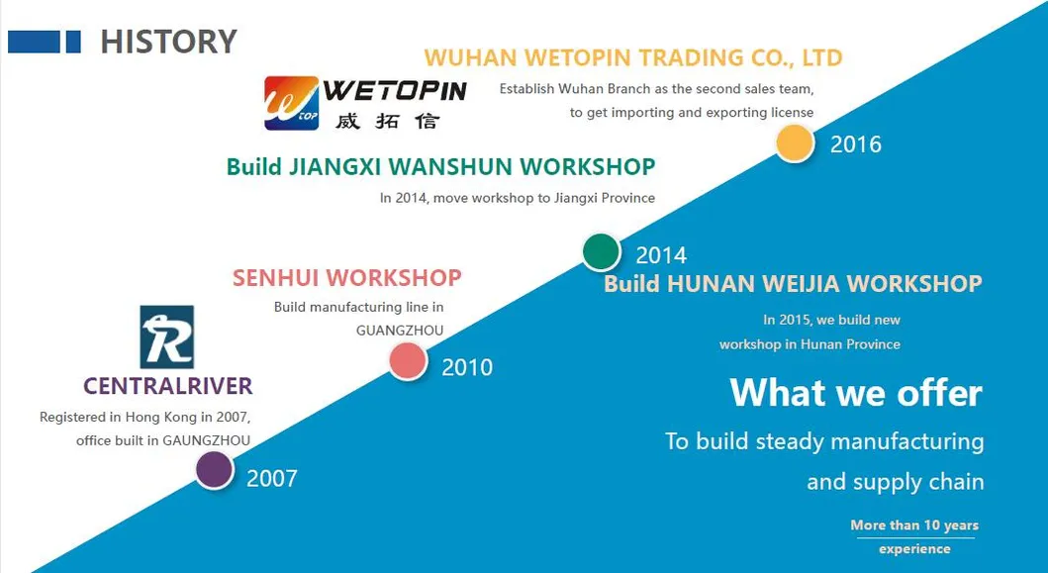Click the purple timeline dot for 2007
tap(215, 470)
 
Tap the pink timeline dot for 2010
tap(408, 361)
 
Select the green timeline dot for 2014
tap(601, 252)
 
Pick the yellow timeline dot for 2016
tap(795, 143)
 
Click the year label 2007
tap(272, 479)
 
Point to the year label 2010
tap(467, 367)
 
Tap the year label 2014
tap(661, 255)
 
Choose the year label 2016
tap(855, 143)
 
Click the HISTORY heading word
tap(168, 42)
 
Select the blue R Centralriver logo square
tap(166, 337)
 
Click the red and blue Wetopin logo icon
tap(291, 103)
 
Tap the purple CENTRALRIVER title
tap(168, 386)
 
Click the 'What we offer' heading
tap(856, 393)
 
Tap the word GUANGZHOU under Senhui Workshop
tap(400, 331)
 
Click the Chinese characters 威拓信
tap(387, 121)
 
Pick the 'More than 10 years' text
tap(914, 525)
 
